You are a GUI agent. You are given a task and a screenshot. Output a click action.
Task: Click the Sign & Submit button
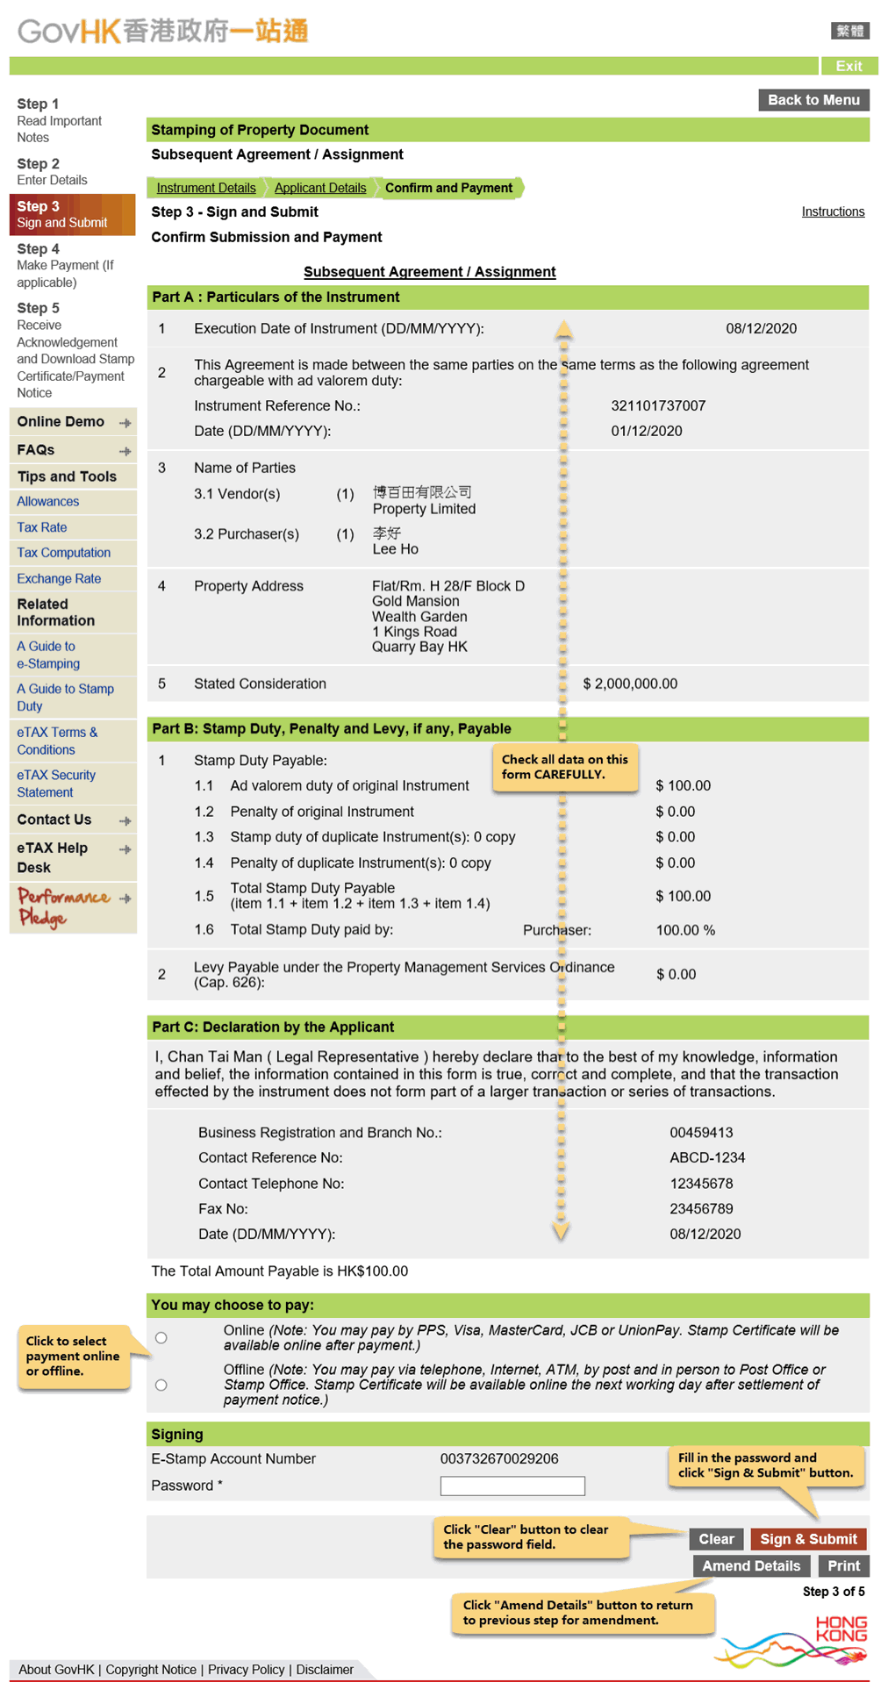(807, 1539)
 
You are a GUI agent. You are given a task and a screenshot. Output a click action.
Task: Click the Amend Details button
(750, 1566)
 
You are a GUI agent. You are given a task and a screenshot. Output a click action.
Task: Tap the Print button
(843, 1566)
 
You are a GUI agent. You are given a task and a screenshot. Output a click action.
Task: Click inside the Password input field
(512, 1486)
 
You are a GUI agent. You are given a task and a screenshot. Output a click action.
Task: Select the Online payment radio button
(161, 1338)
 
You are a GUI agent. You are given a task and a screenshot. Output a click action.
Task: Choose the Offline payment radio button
(161, 1385)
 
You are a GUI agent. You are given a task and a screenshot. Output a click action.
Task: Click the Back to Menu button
(813, 100)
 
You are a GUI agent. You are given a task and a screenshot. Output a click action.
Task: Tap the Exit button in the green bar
(848, 66)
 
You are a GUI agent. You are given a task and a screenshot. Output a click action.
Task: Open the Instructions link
(833, 211)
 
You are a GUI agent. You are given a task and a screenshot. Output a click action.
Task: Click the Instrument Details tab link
(206, 188)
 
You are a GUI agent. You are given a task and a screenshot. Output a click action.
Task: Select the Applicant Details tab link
(320, 188)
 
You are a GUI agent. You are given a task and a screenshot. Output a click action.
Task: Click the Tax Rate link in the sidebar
(42, 527)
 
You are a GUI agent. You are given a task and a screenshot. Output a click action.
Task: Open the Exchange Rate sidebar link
(59, 579)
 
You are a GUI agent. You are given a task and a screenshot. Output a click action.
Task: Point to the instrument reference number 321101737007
(658, 405)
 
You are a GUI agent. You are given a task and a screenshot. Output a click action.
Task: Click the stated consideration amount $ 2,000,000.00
(630, 684)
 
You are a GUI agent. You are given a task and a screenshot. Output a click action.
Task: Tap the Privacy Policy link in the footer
(246, 1670)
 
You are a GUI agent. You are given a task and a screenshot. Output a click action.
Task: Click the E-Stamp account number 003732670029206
(499, 1458)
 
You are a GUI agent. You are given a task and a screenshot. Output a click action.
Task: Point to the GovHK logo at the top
(163, 32)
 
